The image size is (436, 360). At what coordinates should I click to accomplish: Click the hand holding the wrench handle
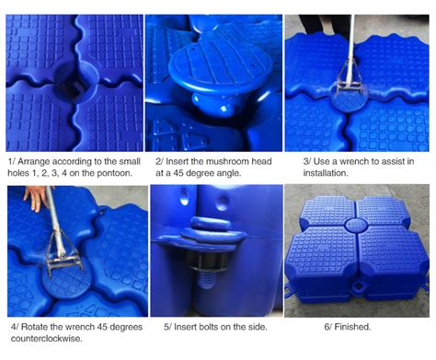click(x=35, y=197)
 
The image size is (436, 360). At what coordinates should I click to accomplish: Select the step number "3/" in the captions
click(x=309, y=161)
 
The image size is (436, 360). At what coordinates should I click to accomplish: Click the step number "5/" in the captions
click(x=166, y=325)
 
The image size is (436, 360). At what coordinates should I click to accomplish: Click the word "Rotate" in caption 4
click(x=40, y=325)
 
